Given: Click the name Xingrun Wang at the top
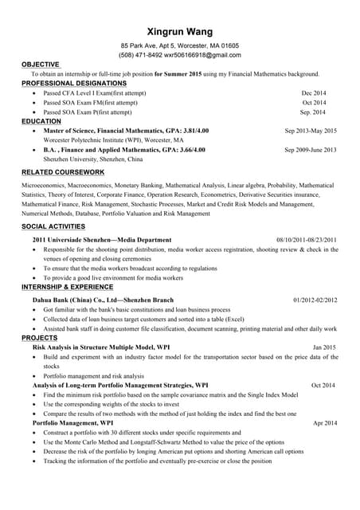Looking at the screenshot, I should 180,32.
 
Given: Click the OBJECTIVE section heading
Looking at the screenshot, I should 40,64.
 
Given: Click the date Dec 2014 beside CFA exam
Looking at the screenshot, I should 314,93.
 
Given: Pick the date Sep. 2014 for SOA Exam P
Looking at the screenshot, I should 313,112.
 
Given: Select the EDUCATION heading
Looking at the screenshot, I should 41,121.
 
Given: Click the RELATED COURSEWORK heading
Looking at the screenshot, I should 63,172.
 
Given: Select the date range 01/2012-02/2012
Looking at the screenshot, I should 315,300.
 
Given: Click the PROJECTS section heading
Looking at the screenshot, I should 39,338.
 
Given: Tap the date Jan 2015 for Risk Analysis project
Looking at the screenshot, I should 324,348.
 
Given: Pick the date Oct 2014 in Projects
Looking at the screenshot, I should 323,386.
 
